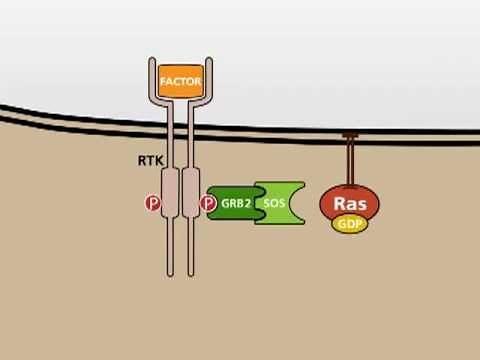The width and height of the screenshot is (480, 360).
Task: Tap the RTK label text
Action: click(x=149, y=159)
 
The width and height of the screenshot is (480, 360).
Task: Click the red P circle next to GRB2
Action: click(x=208, y=203)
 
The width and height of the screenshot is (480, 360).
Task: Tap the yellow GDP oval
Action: click(x=350, y=225)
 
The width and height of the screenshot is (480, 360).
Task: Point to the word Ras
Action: click(x=350, y=201)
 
